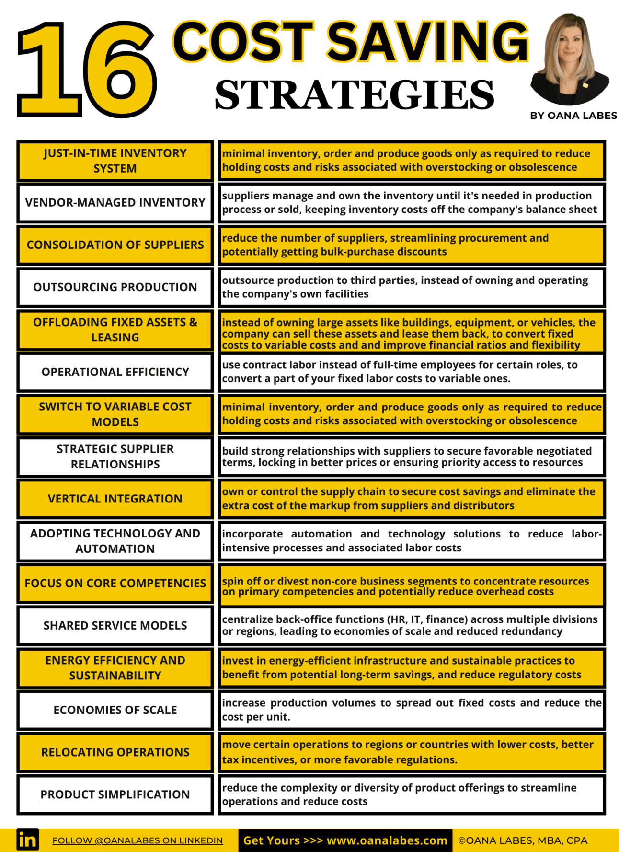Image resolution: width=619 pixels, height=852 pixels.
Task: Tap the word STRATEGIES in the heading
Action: pyautogui.click(x=354, y=94)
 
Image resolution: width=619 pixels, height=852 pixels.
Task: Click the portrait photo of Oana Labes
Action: pyautogui.click(x=570, y=59)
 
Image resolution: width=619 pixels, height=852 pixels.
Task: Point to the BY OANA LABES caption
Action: pyautogui.click(x=573, y=116)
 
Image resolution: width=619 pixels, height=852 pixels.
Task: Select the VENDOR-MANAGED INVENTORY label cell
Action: pyautogui.click(x=115, y=203)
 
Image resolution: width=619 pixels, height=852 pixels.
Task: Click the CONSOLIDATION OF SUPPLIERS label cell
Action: pyautogui.click(x=115, y=245)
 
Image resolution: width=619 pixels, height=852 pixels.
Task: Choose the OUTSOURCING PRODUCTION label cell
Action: pyautogui.click(x=115, y=287)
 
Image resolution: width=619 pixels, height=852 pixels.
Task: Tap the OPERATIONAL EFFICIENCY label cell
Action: pyautogui.click(x=115, y=372)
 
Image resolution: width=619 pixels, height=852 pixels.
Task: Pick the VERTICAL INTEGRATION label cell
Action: pyautogui.click(x=115, y=499)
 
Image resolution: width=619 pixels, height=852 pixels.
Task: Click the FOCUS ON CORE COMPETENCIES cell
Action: pyautogui.click(x=115, y=583)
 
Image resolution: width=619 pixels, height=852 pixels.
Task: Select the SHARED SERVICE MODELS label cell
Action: pyautogui.click(x=115, y=625)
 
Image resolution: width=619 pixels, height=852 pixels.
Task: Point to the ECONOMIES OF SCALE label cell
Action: pyautogui.click(x=115, y=710)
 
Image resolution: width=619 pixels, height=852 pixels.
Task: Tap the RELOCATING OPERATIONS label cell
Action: pyautogui.click(x=115, y=752)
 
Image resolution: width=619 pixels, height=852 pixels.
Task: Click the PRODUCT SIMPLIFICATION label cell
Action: pyautogui.click(x=115, y=794)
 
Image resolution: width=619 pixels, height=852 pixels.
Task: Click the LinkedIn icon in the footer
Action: pyautogui.click(x=27, y=840)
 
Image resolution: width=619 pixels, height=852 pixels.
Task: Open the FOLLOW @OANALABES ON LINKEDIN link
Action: pyautogui.click(x=138, y=840)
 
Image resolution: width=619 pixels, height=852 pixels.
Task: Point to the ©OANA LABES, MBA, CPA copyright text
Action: pyautogui.click(x=523, y=840)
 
